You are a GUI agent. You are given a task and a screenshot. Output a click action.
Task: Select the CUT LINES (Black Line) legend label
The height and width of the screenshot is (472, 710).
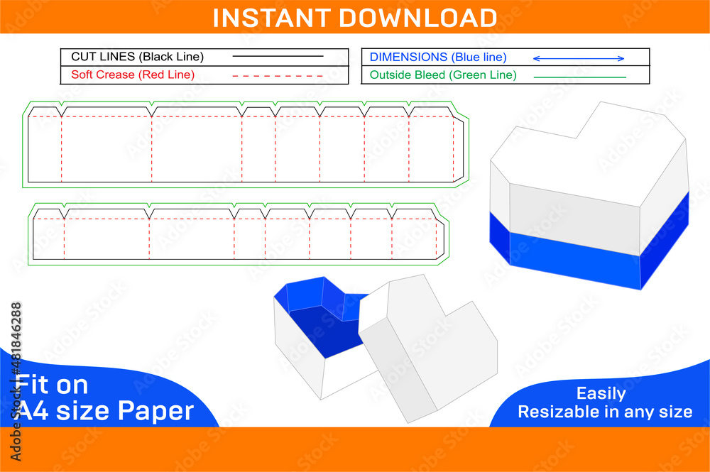click(137, 57)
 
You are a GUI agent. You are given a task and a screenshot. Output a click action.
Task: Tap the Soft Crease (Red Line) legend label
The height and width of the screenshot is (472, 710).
click(133, 75)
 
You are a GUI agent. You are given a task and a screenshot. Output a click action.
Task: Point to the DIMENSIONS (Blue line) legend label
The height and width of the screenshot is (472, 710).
click(438, 57)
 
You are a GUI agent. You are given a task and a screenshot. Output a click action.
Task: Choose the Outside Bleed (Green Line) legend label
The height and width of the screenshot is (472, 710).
click(443, 75)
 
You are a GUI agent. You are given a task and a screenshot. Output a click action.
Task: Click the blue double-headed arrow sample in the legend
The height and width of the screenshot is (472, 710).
click(578, 58)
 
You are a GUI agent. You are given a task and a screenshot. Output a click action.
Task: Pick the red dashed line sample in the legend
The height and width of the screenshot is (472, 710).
click(278, 75)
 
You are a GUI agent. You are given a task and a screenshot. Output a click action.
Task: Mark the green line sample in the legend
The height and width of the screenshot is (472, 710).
click(579, 77)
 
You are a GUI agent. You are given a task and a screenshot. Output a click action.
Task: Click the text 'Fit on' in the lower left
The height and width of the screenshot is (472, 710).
click(53, 385)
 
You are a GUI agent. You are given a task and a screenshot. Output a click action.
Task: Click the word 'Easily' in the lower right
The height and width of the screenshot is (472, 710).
click(601, 393)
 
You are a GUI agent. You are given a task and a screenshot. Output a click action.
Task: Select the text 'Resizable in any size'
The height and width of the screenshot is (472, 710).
click(604, 412)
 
